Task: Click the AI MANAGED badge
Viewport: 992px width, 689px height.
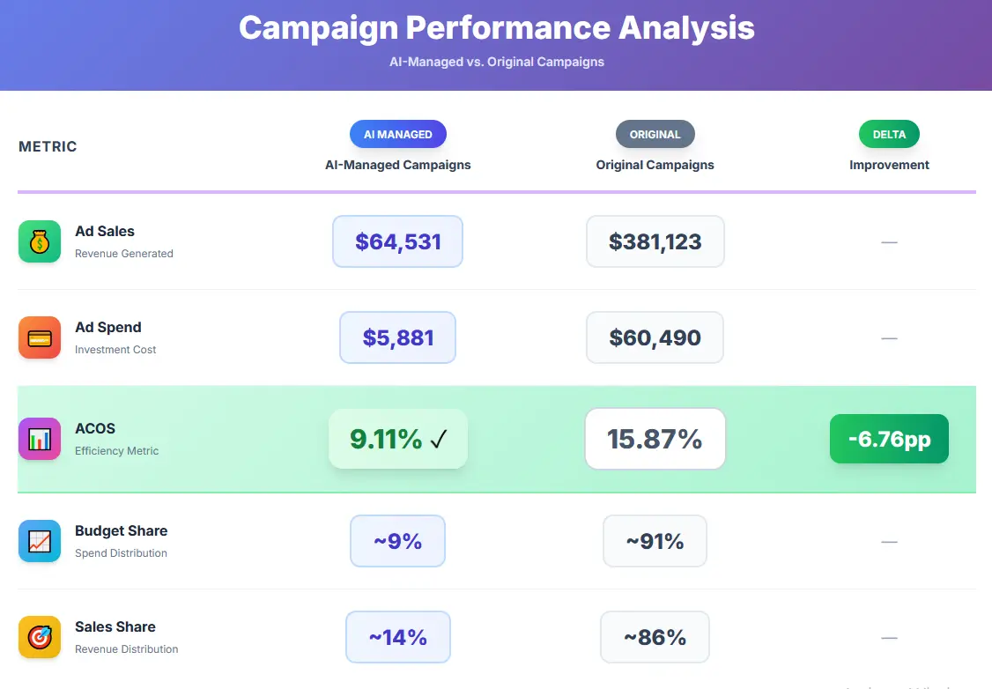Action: [398, 134]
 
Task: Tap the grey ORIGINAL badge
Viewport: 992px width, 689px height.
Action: [655, 134]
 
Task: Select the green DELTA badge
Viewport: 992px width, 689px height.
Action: [889, 134]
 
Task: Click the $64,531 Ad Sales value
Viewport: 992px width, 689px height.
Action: [397, 241]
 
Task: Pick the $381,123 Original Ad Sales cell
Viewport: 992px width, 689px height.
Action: [655, 241]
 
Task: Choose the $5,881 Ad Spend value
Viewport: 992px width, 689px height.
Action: [397, 337]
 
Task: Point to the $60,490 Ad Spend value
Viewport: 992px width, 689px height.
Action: [655, 337]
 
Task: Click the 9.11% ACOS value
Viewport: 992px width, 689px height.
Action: [397, 439]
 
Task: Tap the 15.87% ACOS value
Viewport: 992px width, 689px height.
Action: [655, 439]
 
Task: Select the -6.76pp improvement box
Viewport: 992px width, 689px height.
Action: [889, 439]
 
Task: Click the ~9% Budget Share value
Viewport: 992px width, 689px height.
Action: [397, 541]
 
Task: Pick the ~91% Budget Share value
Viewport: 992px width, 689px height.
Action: [655, 541]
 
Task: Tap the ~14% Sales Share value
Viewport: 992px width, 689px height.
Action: [397, 637]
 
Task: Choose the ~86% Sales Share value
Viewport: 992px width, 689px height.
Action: [655, 637]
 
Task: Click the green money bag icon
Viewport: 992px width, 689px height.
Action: [40, 241]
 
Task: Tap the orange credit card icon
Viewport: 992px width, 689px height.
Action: [40, 337]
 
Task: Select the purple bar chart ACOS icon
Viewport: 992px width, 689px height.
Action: [40, 439]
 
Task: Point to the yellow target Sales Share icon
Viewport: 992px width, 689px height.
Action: [40, 637]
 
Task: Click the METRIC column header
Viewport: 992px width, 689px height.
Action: [48, 146]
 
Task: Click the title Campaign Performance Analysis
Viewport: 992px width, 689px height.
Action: [496, 28]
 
